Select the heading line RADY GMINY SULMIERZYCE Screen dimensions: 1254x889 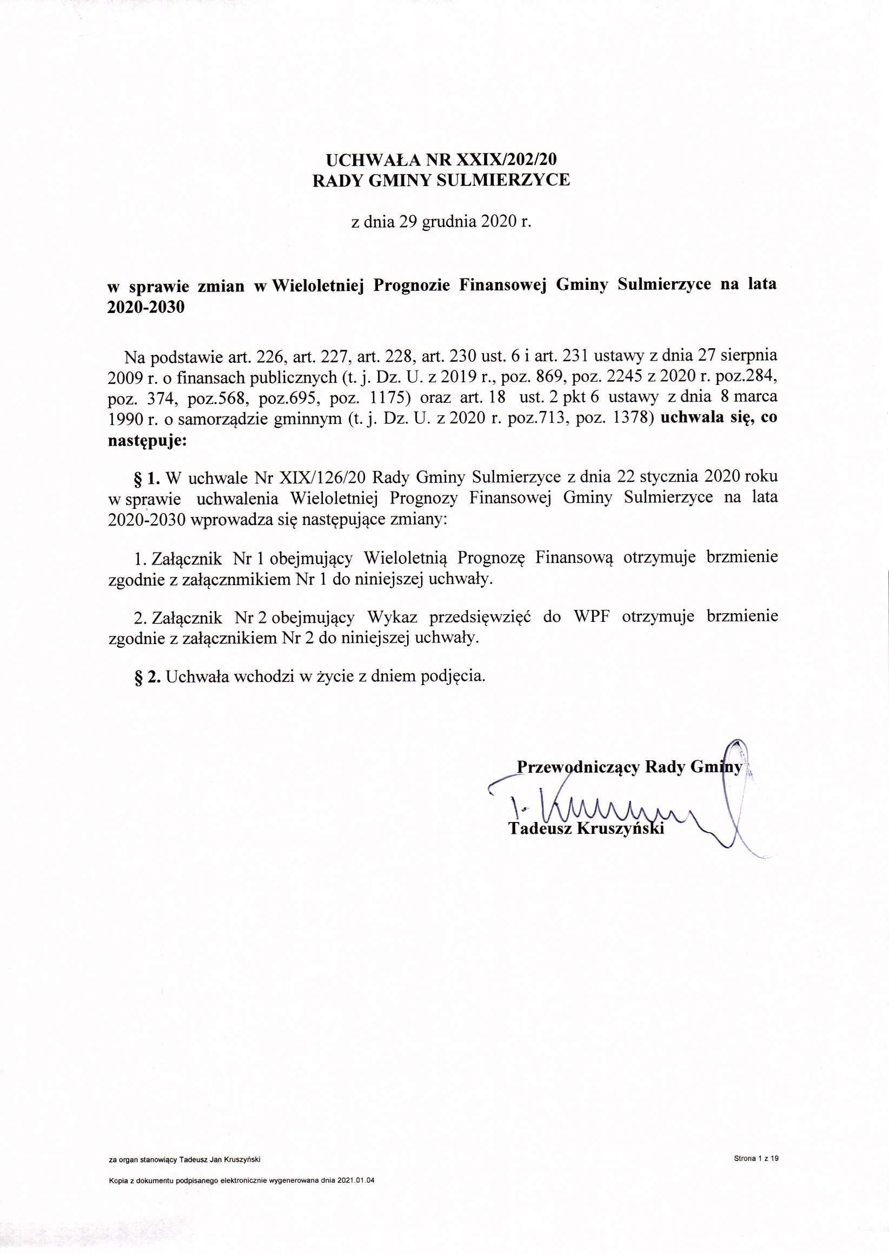click(x=441, y=181)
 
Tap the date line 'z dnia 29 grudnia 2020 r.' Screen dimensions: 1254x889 click(x=441, y=222)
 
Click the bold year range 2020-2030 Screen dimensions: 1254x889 click(x=146, y=307)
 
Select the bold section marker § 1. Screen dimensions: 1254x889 click(x=147, y=477)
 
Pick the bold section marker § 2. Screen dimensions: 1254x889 click(x=147, y=676)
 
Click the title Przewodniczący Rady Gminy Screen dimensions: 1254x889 click(x=629, y=767)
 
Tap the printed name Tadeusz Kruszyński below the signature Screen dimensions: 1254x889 click(x=586, y=829)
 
